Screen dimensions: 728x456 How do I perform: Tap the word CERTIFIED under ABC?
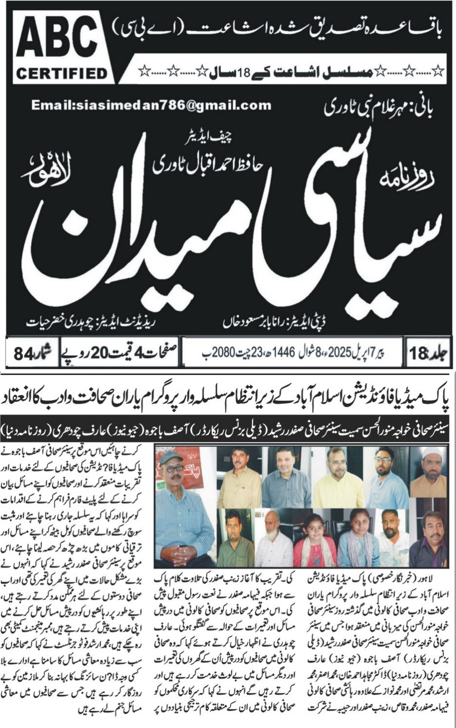(x=61, y=74)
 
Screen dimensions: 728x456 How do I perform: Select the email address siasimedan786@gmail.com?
(x=151, y=105)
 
